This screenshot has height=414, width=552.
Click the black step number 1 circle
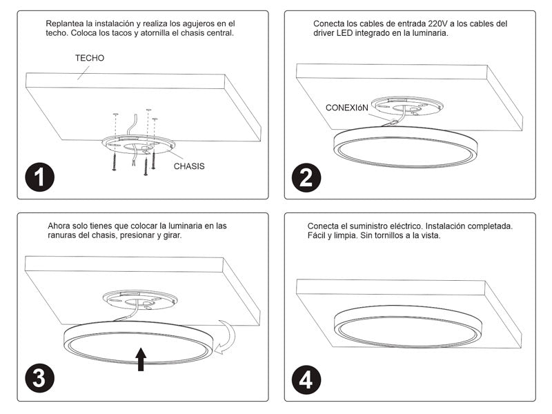[x=40, y=177]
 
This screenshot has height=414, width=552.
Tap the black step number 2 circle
[x=306, y=178]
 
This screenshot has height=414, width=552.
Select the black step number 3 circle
[x=40, y=378]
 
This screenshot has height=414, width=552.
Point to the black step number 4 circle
[x=306, y=380]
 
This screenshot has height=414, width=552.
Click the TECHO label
[x=90, y=58]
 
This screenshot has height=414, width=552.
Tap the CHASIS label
[x=189, y=166]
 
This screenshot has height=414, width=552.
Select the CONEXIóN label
[x=347, y=108]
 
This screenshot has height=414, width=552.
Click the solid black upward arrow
[x=141, y=359]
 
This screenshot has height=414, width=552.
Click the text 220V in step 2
[x=438, y=24]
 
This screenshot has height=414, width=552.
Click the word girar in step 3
[x=172, y=235]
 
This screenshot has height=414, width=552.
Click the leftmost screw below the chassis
[x=114, y=161]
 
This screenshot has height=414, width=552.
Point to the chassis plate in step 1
[x=138, y=145]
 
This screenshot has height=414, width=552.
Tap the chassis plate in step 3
[x=140, y=300]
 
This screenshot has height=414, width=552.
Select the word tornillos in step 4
[x=388, y=235]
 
